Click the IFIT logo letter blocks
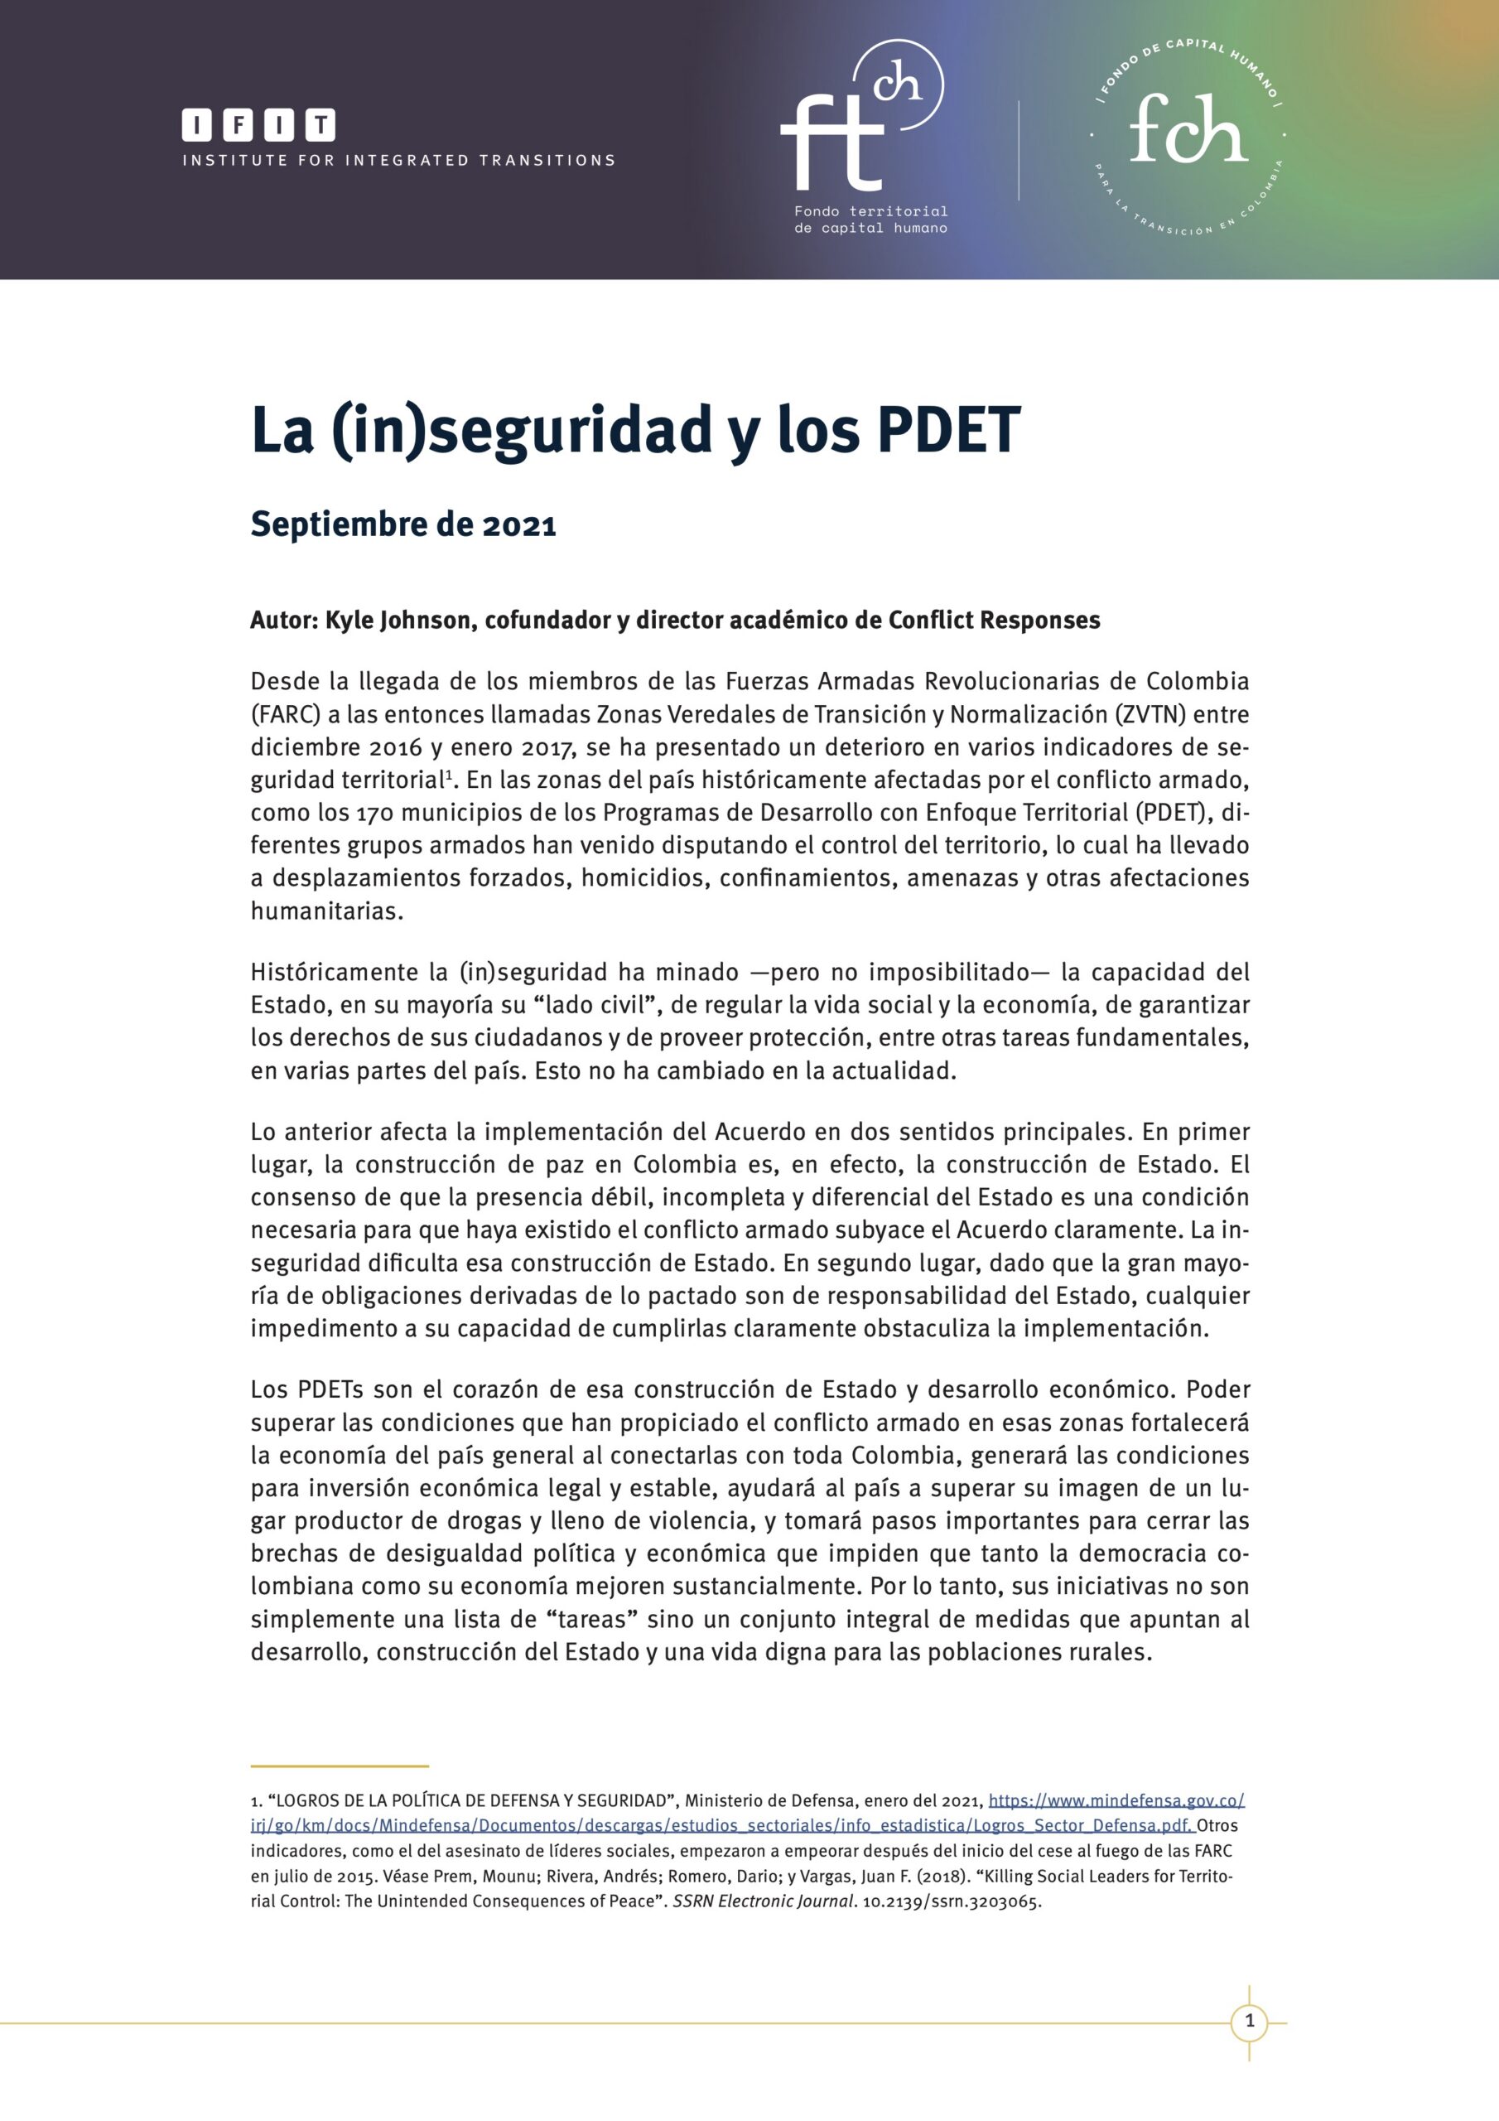pyautogui.click(x=258, y=125)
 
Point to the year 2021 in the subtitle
pyautogui.click(x=519, y=524)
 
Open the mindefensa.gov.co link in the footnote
pyautogui.click(x=1116, y=1800)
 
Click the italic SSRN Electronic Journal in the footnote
pyautogui.click(x=763, y=1901)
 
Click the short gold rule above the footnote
pyautogui.click(x=339, y=1766)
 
